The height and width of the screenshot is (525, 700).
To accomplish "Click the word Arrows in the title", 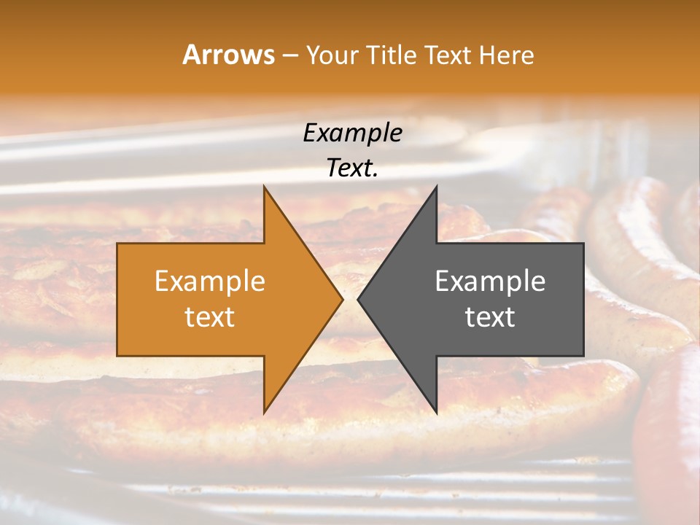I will [228, 55].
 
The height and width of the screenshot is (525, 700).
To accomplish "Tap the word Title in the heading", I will [389, 55].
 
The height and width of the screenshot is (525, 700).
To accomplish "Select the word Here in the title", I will [506, 55].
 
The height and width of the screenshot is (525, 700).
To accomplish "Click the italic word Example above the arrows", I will [352, 133].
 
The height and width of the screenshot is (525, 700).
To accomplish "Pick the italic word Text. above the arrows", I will [352, 168].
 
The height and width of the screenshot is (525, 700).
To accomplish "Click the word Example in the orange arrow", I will [209, 281].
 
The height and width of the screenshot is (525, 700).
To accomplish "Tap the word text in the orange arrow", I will [209, 316].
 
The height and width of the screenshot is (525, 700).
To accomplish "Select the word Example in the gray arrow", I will [490, 281].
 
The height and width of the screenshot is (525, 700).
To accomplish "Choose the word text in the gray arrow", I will [490, 316].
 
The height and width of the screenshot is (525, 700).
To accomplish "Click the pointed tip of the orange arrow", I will [343, 299].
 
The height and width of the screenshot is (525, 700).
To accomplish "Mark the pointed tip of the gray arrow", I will [357, 299].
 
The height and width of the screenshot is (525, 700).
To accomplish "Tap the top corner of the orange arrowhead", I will [264, 186].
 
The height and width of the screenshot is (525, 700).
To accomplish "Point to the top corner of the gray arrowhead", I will [437, 186].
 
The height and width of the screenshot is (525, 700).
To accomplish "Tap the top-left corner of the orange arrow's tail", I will [117, 244].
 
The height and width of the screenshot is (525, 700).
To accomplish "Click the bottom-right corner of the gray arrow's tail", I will [583, 356].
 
